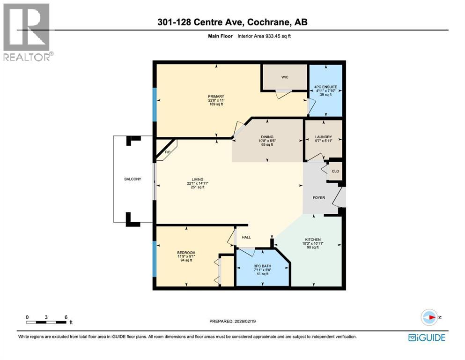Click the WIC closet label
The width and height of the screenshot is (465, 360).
coord(284,77)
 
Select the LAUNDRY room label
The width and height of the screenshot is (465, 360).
coord(323,137)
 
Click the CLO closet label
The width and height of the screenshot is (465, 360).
coord(335,171)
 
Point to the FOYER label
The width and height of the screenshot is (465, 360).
coord(318,198)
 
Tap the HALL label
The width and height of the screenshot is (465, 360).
coord(246,237)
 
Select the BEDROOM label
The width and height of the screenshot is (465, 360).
coord(186,253)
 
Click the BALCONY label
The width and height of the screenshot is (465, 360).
coord(133,179)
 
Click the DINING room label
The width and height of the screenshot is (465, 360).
coord(266,137)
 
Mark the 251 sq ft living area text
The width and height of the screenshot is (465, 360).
coord(198,187)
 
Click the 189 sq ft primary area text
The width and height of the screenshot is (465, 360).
coord(216,104)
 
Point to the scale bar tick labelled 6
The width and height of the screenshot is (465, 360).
coord(66,317)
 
